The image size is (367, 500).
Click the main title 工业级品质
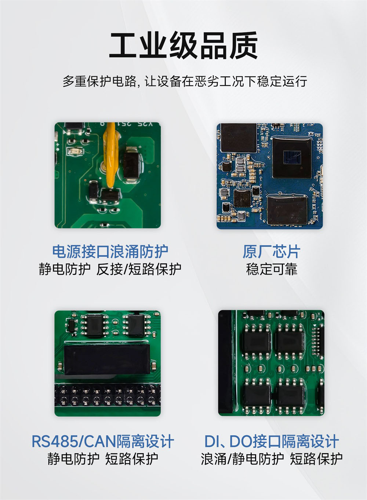pyautogui.click(x=183, y=46)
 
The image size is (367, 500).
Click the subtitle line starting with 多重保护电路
pyautogui.click(x=185, y=81)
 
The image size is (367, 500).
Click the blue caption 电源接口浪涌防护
pyautogui.click(x=110, y=252)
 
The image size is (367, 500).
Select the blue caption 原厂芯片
pyautogui.click(x=271, y=252)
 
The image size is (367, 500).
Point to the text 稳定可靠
pyautogui.click(x=271, y=269)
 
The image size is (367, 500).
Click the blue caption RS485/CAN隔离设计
pyautogui.click(x=102, y=441)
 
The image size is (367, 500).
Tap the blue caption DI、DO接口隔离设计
pyautogui.click(x=271, y=441)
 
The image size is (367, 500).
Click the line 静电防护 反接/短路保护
pyautogui.click(x=110, y=269)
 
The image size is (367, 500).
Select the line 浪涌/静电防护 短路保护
pyautogui.click(x=271, y=459)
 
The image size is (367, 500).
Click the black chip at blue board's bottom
pyautogui.click(x=287, y=210)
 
